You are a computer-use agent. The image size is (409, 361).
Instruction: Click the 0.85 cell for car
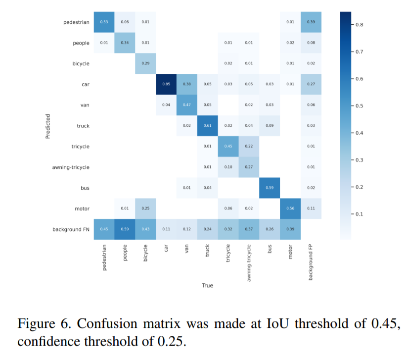pos(166,84)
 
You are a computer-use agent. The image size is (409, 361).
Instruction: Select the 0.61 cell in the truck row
pos(208,126)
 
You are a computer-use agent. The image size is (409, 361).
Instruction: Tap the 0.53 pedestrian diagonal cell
pos(104,22)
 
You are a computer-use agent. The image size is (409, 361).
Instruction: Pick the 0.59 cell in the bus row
pos(270,188)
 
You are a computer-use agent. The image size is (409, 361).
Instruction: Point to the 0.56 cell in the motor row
pos(290,209)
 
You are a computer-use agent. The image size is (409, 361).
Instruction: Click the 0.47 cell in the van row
pos(187,105)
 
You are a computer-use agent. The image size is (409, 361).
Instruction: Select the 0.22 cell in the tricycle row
pos(249,147)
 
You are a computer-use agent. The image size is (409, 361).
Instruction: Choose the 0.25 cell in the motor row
pos(145,209)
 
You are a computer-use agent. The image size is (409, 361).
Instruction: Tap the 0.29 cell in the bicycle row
pos(145,63)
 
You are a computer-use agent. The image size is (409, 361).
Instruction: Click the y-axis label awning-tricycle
pos(71,167)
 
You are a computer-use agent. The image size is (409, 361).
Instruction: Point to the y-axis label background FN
pos(71,230)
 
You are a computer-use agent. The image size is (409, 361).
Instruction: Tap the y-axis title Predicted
pos(48,126)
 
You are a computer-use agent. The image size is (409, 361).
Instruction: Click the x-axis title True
pos(208,286)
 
